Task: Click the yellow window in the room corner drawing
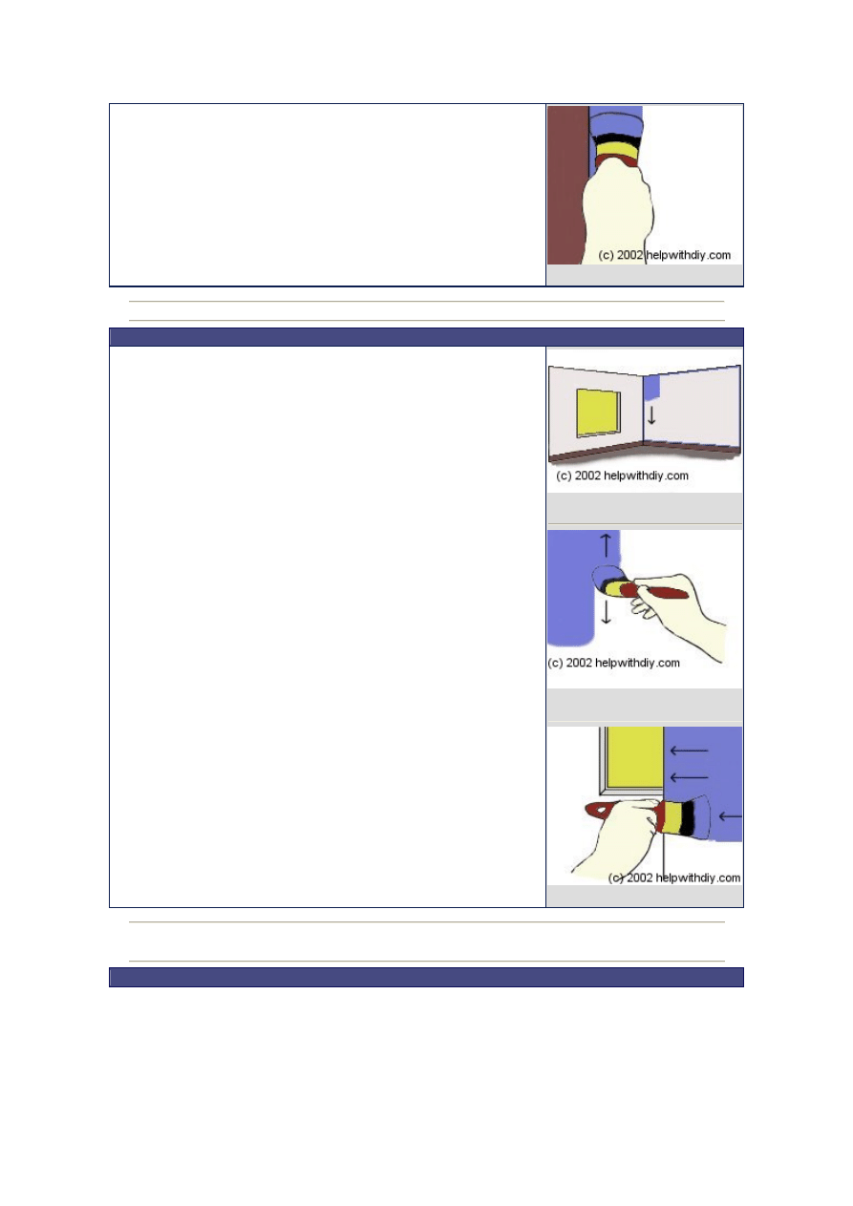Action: click(598, 412)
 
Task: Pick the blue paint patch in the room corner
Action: click(652, 388)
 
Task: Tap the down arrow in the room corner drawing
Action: click(651, 416)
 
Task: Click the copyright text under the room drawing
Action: click(622, 476)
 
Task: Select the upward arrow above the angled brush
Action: click(606, 545)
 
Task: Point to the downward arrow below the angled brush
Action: click(606, 612)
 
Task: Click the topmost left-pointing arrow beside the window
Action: click(689, 751)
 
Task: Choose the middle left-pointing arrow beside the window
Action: click(689, 777)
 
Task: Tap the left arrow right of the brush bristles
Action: click(730, 816)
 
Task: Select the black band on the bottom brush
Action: click(688, 817)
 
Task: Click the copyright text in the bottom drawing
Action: click(674, 878)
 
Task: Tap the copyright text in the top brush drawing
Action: click(665, 255)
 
